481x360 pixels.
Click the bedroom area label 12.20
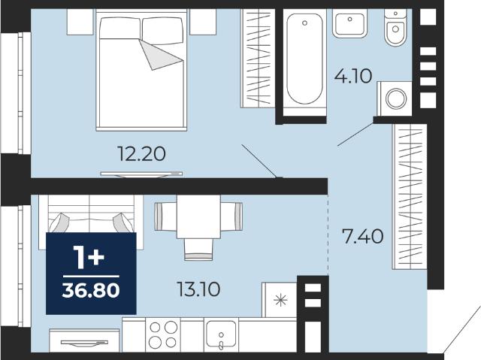pos(141,153)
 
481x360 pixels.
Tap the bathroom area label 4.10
pos(353,76)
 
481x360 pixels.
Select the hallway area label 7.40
pos(362,237)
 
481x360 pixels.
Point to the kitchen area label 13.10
pos(198,289)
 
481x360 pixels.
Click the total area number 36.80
pos(91,290)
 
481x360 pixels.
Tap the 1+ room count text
pos(89,257)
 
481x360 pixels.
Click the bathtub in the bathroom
pos(304,59)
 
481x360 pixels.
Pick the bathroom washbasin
pos(350,23)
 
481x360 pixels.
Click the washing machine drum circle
pos(396,98)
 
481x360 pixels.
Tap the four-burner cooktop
pos(163,335)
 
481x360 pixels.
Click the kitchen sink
pos(221,335)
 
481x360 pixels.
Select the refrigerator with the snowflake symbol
pos(279,300)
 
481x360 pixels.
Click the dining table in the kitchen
pos(198,216)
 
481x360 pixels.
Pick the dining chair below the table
pos(198,250)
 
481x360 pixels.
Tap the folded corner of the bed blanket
pos(159,54)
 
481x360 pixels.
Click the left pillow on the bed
pos(120,29)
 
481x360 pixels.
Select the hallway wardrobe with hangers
pos(410,197)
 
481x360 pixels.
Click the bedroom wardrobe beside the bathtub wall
pos(258,59)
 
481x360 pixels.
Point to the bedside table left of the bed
pos(80,22)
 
